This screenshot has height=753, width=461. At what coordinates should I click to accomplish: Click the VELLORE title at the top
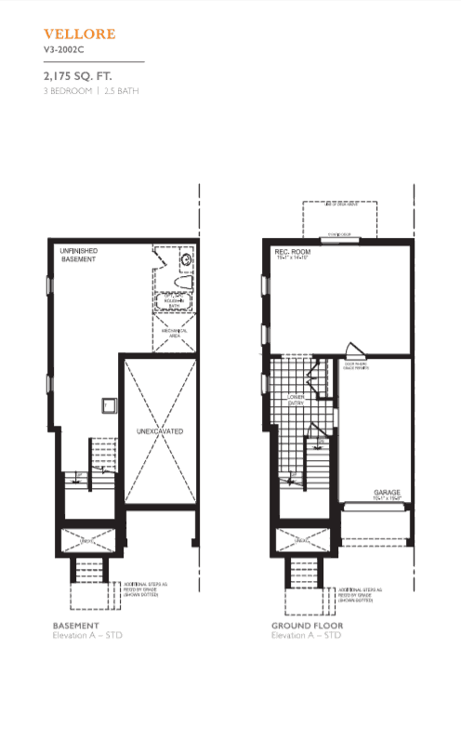pyautogui.click(x=79, y=34)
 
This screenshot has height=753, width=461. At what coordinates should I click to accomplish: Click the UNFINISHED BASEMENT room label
pyautogui.click(x=77, y=256)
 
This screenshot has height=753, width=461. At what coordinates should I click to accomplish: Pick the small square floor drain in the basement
pyautogui.click(x=109, y=403)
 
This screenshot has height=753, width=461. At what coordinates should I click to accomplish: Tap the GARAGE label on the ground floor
pyautogui.click(x=387, y=493)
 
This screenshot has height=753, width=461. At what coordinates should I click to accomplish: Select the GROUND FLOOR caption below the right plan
pyautogui.click(x=307, y=626)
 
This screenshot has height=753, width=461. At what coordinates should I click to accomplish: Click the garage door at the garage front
pyautogui.click(x=376, y=507)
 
